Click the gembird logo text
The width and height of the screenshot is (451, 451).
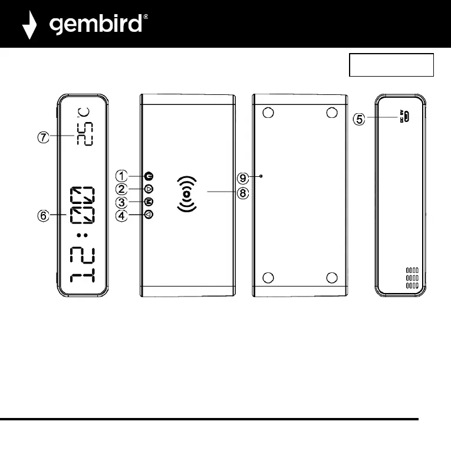pos(97,24)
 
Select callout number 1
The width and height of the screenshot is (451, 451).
pos(121,176)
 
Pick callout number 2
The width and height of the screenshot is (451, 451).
pos(121,189)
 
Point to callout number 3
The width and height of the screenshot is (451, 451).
pos(121,202)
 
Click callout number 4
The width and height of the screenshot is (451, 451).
pos(121,215)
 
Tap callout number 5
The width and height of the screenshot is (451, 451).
pos(359,119)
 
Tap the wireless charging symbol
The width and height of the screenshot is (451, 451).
pos(186,193)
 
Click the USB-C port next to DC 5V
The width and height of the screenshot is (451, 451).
pos(406,117)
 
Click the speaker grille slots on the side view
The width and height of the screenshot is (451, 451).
pos(412,278)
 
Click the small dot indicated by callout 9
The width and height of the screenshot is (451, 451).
pos(261,176)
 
